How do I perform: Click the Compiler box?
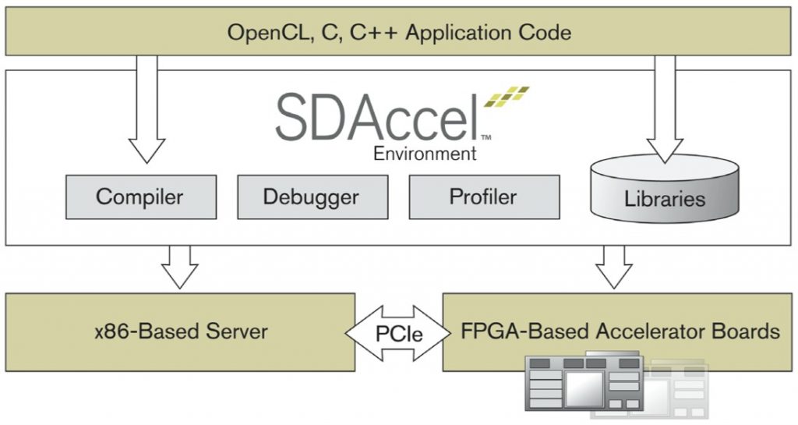coord(139,196)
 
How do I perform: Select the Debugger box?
coord(311,196)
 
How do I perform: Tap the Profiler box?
coord(483,196)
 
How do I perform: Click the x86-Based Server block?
coord(180,331)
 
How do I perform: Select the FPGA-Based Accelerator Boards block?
coord(620,331)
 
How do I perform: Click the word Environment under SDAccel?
coord(425,154)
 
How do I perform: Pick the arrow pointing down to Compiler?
coord(146,109)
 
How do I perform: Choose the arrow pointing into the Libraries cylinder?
coord(665,109)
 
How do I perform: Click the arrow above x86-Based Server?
coord(179,267)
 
